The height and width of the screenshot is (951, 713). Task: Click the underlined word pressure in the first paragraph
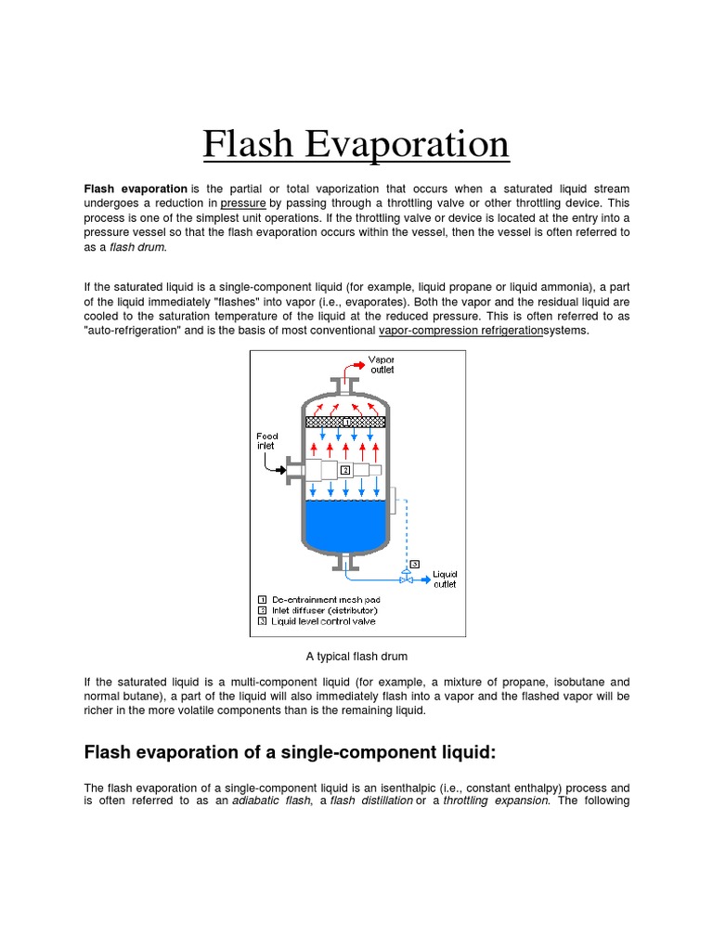[243, 202]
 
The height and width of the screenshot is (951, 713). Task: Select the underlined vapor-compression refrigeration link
[460, 331]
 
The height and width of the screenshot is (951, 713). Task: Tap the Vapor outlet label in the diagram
[382, 364]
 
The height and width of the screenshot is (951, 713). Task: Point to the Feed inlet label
[267, 440]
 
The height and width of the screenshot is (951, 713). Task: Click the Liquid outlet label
[446, 580]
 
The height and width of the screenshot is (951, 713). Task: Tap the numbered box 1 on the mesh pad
[345, 422]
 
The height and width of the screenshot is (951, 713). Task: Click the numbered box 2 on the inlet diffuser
[344, 470]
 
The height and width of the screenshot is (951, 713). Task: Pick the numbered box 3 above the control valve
[414, 563]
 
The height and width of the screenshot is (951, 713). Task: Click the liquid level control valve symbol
[405, 578]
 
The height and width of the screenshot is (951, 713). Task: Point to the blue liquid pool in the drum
[345, 526]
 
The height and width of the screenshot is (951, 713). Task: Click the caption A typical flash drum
[356, 657]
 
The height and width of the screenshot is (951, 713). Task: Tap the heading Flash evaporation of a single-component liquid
[295, 751]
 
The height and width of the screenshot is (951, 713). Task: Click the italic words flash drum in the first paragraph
[137, 247]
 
